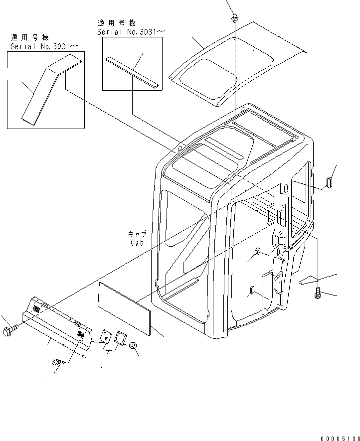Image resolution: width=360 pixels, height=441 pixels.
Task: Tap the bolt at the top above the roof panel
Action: (x=234, y=18)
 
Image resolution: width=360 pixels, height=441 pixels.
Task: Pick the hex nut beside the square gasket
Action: (x=134, y=345)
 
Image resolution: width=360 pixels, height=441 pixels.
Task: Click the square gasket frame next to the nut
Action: (x=121, y=339)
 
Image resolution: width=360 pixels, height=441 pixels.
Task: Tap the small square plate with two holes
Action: (x=106, y=336)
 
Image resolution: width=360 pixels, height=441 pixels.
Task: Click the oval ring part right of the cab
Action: (x=329, y=182)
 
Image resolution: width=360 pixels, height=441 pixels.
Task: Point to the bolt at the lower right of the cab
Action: (x=318, y=295)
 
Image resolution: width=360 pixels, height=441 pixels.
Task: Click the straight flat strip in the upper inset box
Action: (x=132, y=72)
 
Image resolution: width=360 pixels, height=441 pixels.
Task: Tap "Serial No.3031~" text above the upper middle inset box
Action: (x=131, y=31)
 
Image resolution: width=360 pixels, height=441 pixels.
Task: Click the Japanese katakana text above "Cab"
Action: (x=137, y=234)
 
